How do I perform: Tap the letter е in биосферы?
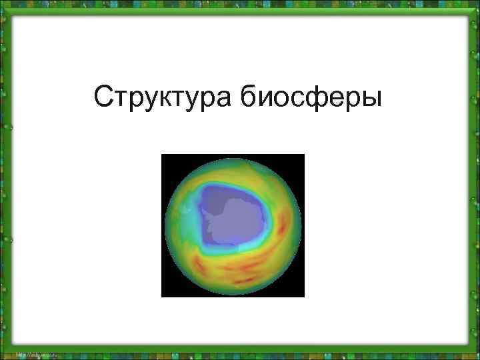(339, 99)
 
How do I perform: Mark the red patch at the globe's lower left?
(200, 263)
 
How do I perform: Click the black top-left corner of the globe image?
(167, 161)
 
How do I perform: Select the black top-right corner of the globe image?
(298, 161)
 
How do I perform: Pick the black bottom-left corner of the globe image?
(167, 291)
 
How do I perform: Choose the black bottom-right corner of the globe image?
(298, 291)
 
